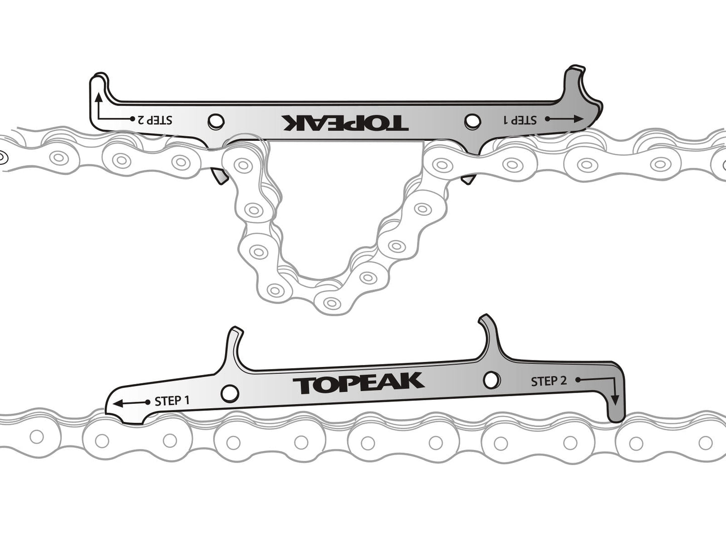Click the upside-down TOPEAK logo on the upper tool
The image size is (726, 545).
pyautogui.click(x=345, y=122)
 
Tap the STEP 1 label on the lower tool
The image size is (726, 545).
pyautogui.click(x=172, y=401)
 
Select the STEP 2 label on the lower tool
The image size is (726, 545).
pyautogui.click(x=549, y=382)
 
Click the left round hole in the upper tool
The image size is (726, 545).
pyautogui.click(x=216, y=121)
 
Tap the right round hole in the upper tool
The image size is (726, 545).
pyautogui.click(x=472, y=121)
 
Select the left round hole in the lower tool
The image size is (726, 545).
pyautogui.click(x=230, y=393)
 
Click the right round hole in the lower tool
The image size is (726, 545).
pyautogui.click(x=491, y=380)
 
